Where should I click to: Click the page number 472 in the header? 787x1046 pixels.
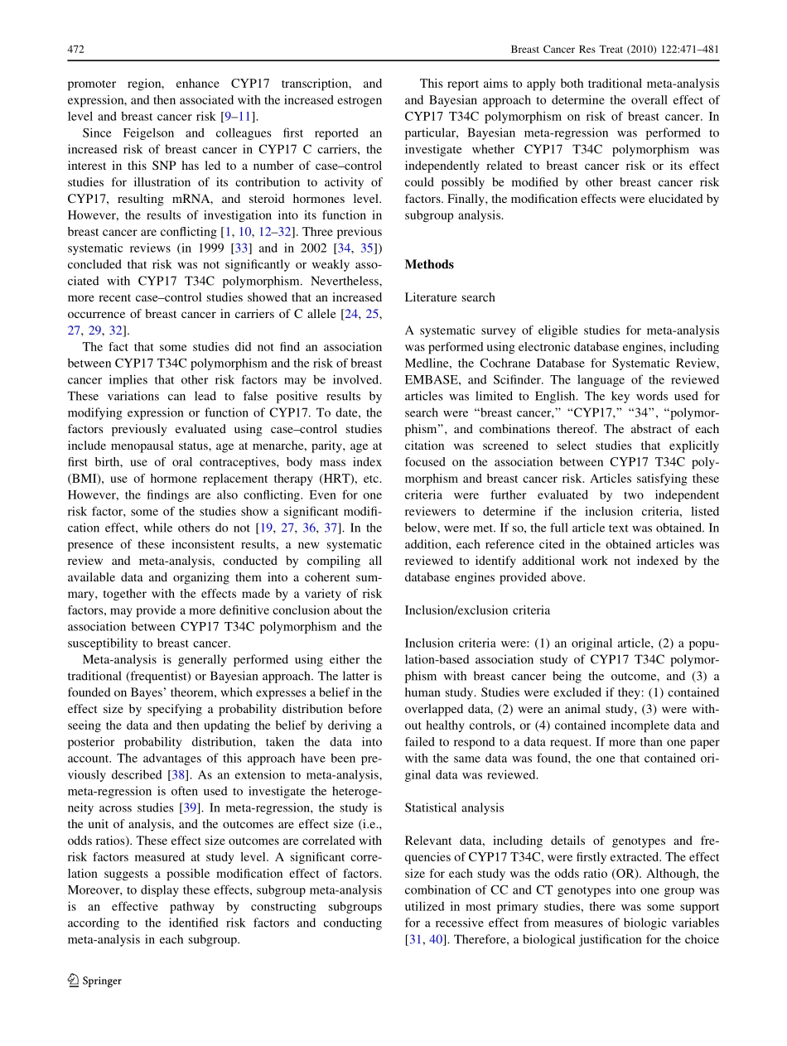click(75, 51)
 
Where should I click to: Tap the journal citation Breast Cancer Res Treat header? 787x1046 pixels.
click(615, 51)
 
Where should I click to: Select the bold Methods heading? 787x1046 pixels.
click(429, 265)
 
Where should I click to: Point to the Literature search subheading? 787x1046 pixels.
click(450, 297)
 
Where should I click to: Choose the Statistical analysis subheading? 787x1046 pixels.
click(454, 807)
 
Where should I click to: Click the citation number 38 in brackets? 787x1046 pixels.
click(177, 774)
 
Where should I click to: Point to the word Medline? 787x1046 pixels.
click(427, 364)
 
